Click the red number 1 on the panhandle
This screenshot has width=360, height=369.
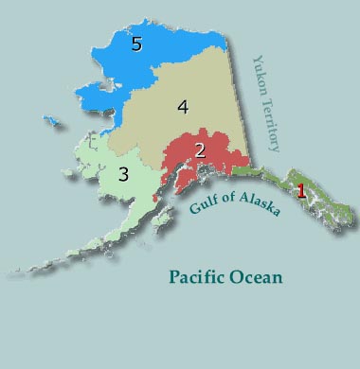tap(301, 190)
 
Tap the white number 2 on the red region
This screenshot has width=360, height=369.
tap(200, 150)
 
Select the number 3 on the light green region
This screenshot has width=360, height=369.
tap(123, 174)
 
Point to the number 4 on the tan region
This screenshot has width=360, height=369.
tap(184, 107)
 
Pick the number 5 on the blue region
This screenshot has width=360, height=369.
tap(136, 44)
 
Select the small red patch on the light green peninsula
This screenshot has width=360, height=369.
tap(156, 201)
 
